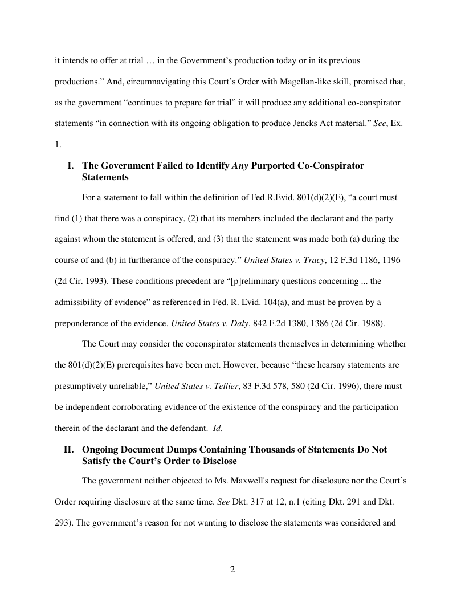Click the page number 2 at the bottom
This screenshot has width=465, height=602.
[232, 570]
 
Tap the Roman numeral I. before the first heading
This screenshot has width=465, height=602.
[71, 166]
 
